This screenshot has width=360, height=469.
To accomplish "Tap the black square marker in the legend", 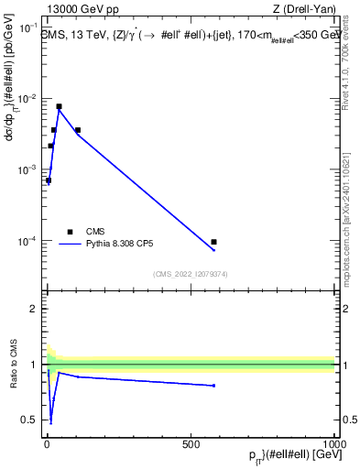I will (70, 232).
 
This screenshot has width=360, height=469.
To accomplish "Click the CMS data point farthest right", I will (213, 242).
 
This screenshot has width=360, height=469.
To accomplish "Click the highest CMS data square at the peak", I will (59, 106).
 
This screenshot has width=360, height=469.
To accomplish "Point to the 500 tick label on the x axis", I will (191, 443).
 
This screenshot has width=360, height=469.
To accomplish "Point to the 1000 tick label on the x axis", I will (333, 443).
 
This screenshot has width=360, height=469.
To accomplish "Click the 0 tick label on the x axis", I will (47, 443).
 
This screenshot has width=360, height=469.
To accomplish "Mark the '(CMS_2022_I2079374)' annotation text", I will (191, 273).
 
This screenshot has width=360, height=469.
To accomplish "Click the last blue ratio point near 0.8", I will (213, 386).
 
